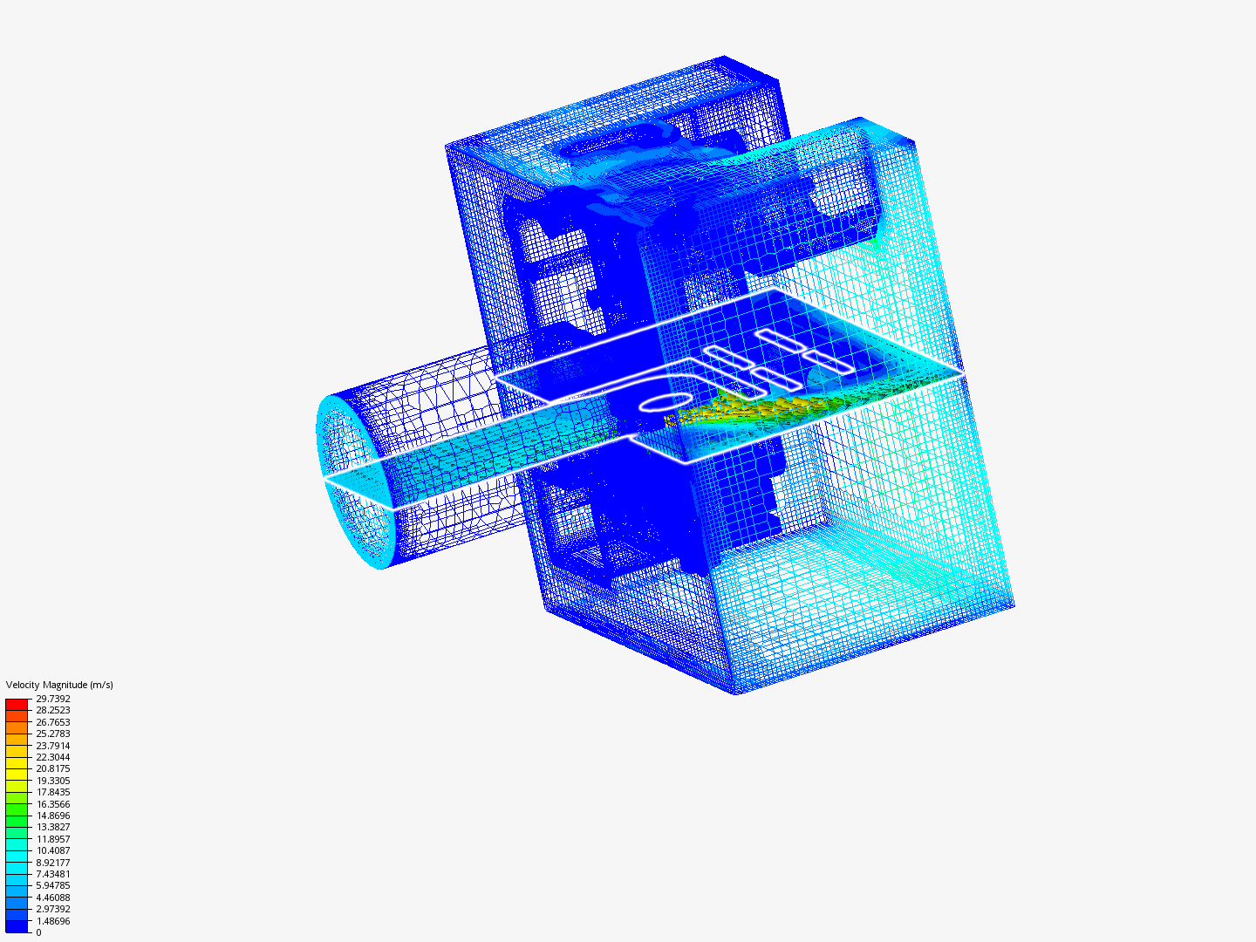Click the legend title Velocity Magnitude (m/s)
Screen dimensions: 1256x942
pyautogui.click(x=59, y=685)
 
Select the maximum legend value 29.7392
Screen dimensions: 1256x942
pyautogui.click(x=53, y=699)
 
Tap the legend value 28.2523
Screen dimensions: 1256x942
pyautogui.click(x=53, y=710)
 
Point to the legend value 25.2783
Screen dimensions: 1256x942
pyautogui.click(x=53, y=734)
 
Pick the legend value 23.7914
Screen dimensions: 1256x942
pyautogui.click(x=53, y=746)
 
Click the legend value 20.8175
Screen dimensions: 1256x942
pyautogui.click(x=53, y=768)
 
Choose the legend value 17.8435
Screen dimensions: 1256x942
pyautogui.click(x=53, y=792)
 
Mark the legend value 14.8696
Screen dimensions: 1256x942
pyautogui.click(x=53, y=816)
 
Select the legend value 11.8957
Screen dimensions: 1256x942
pyautogui.click(x=53, y=839)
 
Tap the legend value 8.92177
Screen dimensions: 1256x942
pyautogui.click(x=53, y=863)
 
